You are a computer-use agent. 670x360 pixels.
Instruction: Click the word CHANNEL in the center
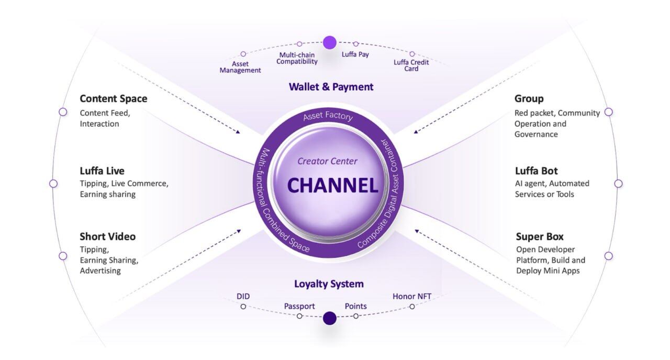[332, 185]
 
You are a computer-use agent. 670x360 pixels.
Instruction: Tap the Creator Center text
[327, 162]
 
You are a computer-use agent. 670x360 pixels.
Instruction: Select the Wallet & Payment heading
[331, 87]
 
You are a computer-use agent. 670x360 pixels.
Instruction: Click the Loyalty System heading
[329, 284]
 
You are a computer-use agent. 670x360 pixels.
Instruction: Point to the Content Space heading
[114, 99]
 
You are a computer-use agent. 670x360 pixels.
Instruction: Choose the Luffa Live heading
[102, 171]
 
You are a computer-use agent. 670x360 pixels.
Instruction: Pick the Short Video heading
[108, 237]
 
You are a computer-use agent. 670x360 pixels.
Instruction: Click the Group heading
[529, 99]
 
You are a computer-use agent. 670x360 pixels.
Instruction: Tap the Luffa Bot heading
[537, 171]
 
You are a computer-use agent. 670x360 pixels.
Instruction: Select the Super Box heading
[540, 237]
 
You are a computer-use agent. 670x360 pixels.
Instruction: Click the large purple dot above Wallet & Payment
[330, 43]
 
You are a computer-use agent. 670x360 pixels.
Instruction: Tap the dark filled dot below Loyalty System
[330, 318]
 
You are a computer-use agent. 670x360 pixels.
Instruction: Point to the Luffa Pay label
[355, 54]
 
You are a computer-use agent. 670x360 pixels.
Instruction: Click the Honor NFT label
[412, 296]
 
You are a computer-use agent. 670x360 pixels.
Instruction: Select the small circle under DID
[243, 307]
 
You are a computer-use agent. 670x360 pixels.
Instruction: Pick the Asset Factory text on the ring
[328, 116]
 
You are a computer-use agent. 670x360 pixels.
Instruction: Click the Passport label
[299, 307]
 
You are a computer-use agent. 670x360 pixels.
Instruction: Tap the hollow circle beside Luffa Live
[53, 184]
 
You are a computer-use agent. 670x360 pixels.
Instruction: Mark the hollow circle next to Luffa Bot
[619, 184]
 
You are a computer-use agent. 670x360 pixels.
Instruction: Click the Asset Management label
[240, 67]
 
